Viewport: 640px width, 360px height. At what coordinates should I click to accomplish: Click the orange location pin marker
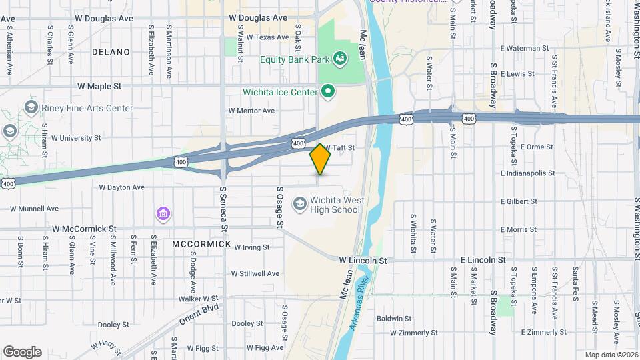tap(320, 159)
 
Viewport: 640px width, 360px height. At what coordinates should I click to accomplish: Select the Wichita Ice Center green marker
tap(328, 91)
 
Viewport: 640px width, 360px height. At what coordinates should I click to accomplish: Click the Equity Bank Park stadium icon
tap(340, 59)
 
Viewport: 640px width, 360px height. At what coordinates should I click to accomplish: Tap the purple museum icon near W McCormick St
tap(163, 214)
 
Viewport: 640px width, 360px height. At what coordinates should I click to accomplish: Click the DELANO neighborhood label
tap(111, 51)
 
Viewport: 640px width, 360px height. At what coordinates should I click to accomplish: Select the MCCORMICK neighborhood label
tap(201, 244)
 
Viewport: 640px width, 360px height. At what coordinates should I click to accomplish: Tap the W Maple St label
tap(99, 86)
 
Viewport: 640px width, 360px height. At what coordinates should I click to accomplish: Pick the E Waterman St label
tap(524, 48)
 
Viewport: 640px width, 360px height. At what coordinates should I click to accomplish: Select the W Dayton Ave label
tap(121, 187)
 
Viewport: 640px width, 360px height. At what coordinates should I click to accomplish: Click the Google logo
tap(22, 352)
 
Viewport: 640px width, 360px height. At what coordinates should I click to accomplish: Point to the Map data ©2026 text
tap(610, 355)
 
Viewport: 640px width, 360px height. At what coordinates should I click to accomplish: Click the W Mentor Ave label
tap(251, 111)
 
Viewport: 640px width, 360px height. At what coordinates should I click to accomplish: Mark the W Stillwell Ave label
tap(255, 273)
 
